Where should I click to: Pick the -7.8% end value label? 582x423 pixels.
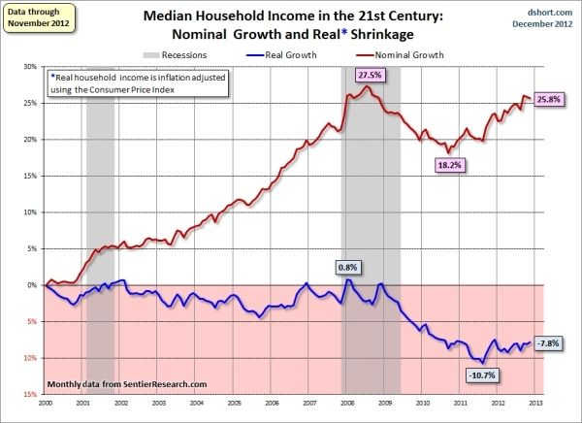tap(550, 342)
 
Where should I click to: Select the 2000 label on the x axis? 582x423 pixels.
tap(47, 403)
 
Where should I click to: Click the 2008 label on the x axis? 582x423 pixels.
tap(345, 403)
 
